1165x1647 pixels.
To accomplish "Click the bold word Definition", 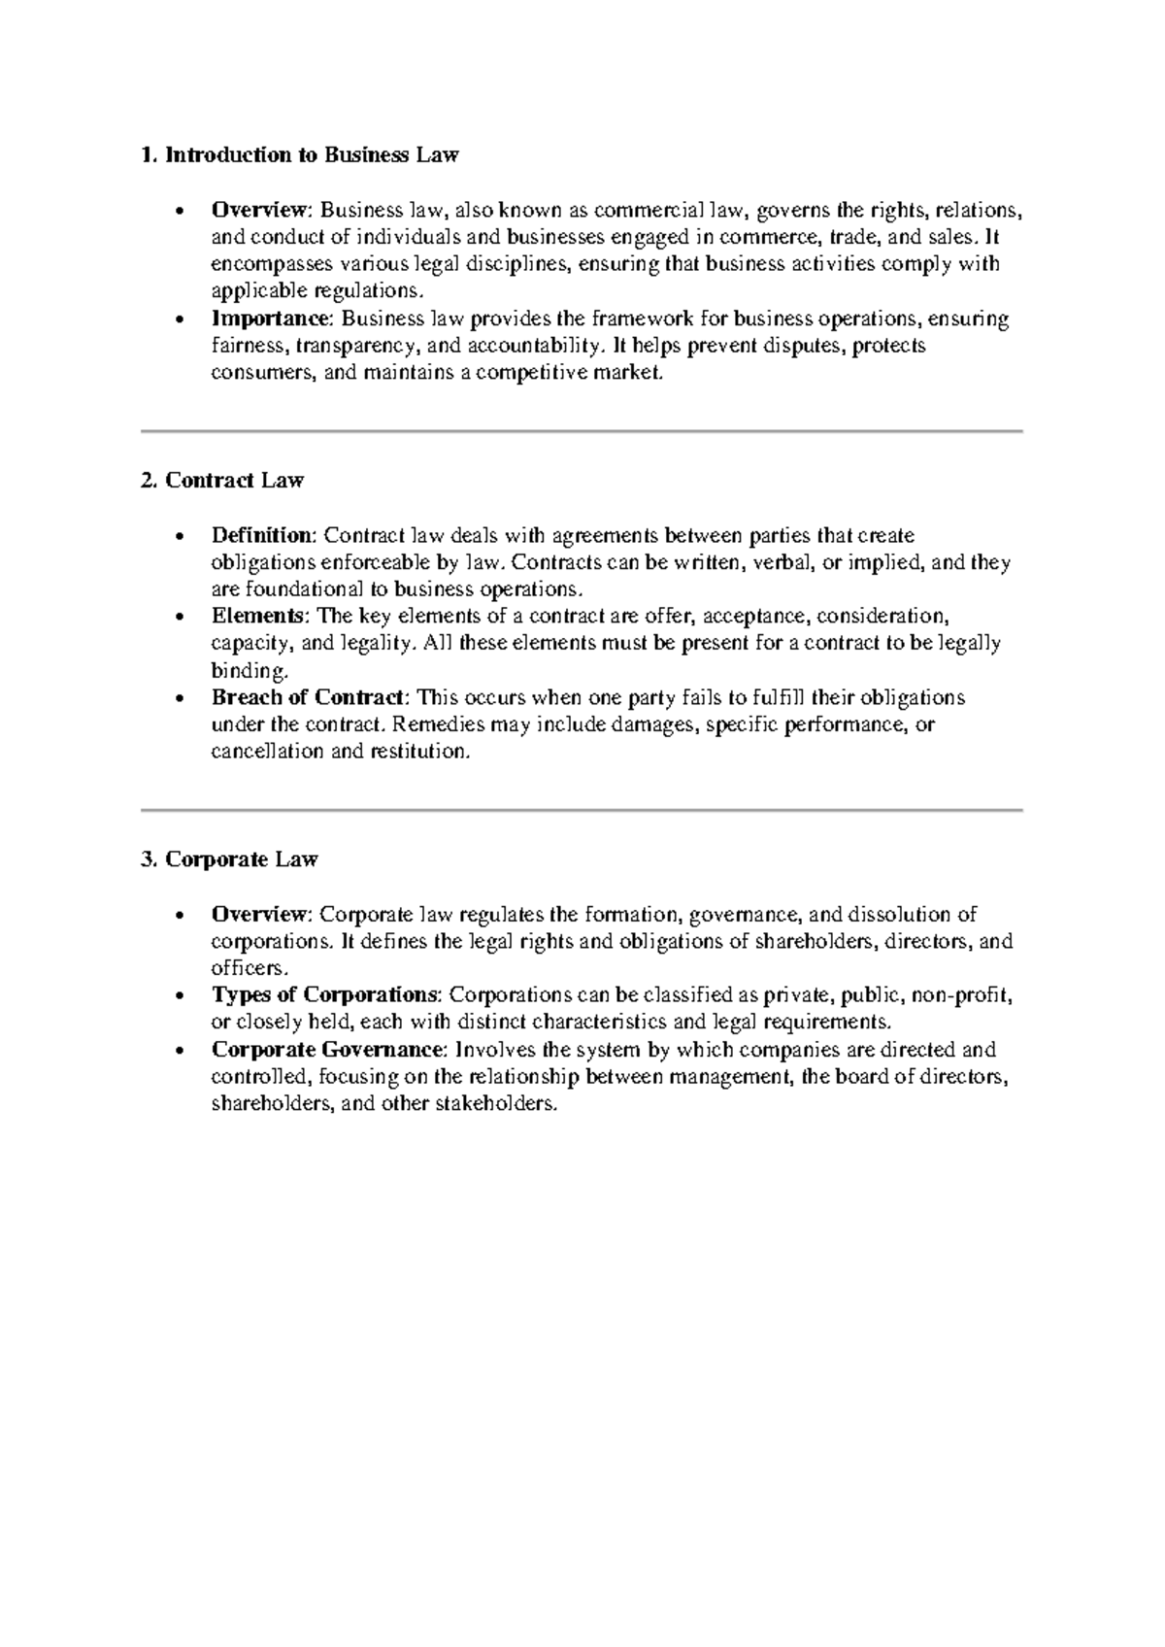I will (262, 536).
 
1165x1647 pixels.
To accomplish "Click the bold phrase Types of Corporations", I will (325, 995).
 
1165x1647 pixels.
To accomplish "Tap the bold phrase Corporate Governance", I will (329, 1050).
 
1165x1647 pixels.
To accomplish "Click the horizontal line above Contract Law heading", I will (582, 430).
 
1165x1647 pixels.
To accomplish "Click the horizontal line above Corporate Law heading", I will (582, 809).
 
